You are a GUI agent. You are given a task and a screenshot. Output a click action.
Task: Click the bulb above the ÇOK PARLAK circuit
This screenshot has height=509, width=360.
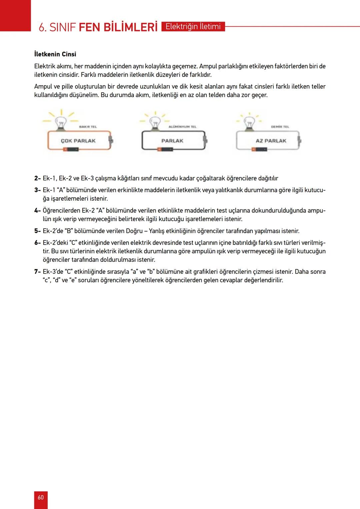[61, 123]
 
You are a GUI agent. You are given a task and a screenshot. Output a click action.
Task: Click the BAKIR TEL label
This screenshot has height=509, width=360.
[88, 127]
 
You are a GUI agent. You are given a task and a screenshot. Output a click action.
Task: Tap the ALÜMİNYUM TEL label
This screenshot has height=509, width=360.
[183, 127]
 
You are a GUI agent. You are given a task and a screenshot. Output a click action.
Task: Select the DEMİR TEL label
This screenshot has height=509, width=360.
[280, 127]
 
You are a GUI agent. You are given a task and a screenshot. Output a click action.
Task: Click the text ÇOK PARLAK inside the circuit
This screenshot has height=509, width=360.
[78, 141]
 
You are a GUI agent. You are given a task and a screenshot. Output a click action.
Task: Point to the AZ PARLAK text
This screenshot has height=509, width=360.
[271, 141]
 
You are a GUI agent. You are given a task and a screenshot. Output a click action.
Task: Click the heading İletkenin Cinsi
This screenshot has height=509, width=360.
[55, 54]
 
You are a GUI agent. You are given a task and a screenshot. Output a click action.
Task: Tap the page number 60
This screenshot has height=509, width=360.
[41, 497]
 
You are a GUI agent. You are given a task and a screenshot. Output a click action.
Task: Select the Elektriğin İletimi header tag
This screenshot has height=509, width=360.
[193, 27]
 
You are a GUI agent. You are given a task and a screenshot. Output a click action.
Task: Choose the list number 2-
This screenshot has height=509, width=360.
[37, 178]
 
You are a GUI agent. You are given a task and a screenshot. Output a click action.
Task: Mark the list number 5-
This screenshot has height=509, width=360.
[37, 231]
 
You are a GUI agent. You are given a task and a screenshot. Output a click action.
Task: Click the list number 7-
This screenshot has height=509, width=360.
[37, 272]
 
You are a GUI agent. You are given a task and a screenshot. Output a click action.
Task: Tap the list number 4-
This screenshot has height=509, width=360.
[37, 211]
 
